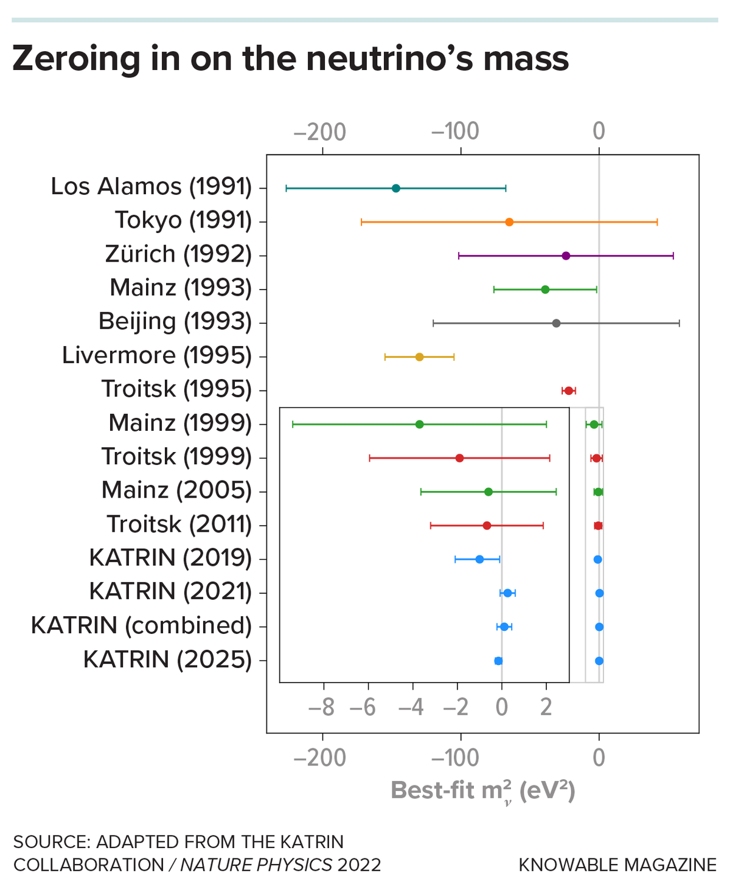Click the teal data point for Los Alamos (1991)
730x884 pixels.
click(x=396, y=188)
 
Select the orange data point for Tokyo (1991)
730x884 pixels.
click(x=509, y=222)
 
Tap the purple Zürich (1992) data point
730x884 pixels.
click(x=566, y=256)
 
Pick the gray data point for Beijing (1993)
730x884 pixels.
click(x=556, y=323)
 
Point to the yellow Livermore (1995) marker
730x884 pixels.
click(x=419, y=357)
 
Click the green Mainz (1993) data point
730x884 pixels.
click(x=545, y=290)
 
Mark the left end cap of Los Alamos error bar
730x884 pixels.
click(x=286, y=188)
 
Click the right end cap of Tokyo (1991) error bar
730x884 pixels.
click(x=657, y=222)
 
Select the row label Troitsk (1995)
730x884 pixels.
click(x=176, y=389)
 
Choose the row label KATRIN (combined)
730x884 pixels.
click(x=141, y=625)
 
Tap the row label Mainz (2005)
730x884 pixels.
click(x=176, y=490)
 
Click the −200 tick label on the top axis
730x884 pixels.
click(x=320, y=131)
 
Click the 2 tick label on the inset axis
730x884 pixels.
click(x=546, y=708)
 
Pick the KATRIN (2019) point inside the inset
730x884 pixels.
click(x=479, y=559)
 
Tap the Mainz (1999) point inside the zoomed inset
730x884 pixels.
click(x=419, y=424)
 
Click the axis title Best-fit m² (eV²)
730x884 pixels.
click(x=482, y=792)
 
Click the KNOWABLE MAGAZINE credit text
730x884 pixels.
click(x=617, y=865)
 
